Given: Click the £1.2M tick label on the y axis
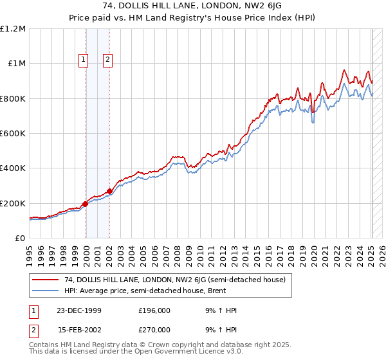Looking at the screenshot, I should (x=13, y=28).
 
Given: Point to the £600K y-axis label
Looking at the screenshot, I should (x=13, y=133).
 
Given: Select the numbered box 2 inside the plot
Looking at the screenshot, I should (x=107, y=60).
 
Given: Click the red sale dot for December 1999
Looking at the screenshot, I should (x=86, y=204).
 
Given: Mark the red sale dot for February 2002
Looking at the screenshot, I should (x=109, y=191).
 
